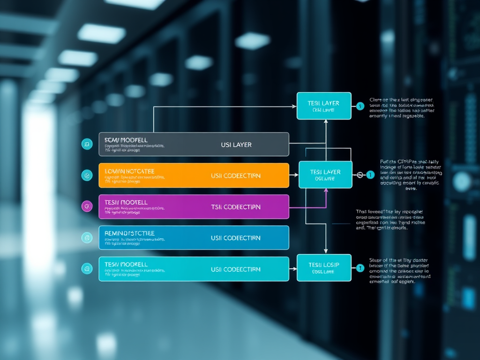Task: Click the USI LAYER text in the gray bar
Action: point(236,145)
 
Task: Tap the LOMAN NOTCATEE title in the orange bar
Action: point(130,172)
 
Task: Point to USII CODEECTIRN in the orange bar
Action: point(236,176)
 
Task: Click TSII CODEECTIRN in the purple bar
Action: point(236,207)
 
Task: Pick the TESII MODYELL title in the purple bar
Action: point(126,202)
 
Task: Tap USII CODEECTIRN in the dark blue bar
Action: point(236,238)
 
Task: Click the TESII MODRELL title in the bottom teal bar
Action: point(126,265)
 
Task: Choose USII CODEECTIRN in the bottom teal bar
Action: point(236,270)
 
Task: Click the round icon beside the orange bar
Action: point(87,175)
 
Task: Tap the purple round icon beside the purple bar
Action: point(87,206)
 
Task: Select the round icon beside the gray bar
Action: point(87,144)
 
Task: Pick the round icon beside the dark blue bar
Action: point(87,238)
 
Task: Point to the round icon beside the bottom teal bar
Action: point(87,269)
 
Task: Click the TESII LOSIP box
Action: point(324,268)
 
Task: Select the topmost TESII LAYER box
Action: point(324,106)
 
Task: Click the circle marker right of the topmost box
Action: point(360,106)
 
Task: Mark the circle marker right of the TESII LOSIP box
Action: point(360,269)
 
